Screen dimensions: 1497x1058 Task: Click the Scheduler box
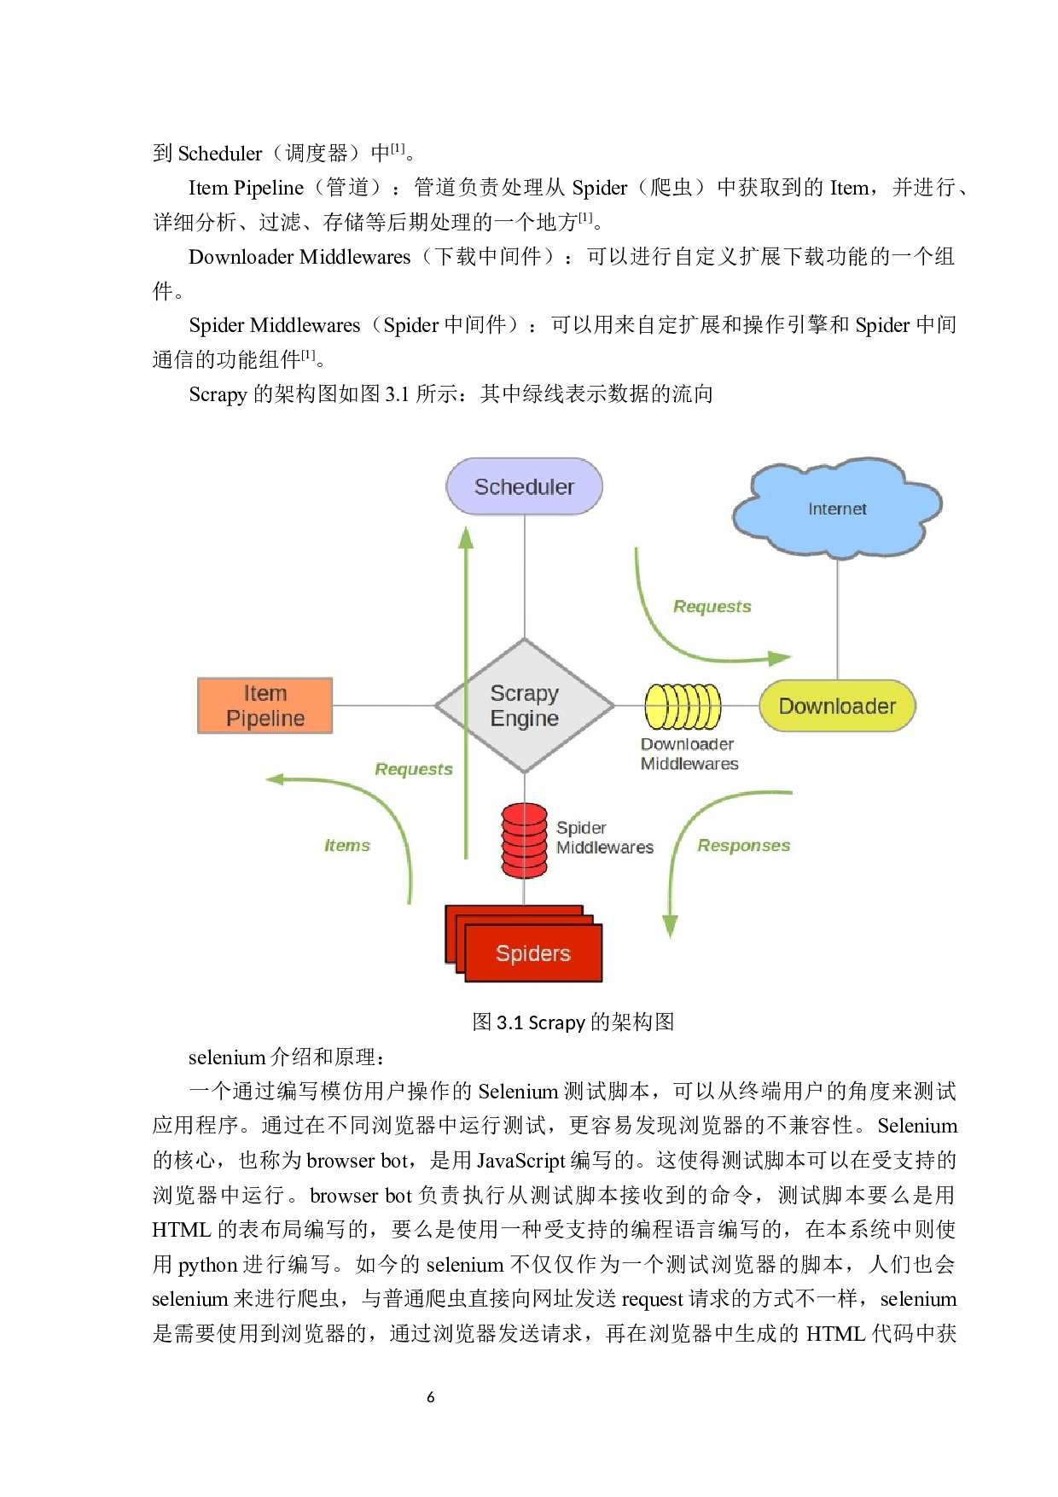tap(524, 486)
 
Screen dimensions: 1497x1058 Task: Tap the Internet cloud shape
tap(836, 509)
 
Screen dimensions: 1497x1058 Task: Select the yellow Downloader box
tap(836, 706)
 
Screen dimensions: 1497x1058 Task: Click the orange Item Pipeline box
tap(264, 706)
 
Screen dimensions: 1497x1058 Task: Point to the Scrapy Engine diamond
tap(524, 706)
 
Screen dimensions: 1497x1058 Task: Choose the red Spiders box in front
tap(533, 953)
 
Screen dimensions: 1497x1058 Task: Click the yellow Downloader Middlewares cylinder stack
tap(683, 706)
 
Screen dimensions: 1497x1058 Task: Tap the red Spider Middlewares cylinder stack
tap(524, 841)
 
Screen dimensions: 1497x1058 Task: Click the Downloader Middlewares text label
tap(689, 754)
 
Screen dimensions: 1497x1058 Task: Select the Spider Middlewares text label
tap(604, 837)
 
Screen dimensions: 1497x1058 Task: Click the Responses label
tap(743, 846)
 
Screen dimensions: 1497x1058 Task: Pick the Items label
tap(346, 846)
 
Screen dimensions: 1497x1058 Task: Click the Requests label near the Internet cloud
tap(712, 607)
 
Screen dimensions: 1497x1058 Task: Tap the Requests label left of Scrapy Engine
tap(413, 769)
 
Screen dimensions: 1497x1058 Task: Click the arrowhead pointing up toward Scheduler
tap(466, 538)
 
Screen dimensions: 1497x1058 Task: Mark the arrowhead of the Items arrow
tap(275, 779)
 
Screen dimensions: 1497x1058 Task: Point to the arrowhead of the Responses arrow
tap(671, 927)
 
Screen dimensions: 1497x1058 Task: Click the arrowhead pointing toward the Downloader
tap(780, 658)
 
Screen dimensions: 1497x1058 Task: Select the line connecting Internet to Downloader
tap(837, 619)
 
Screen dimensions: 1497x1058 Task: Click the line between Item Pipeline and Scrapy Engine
tap(384, 706)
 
